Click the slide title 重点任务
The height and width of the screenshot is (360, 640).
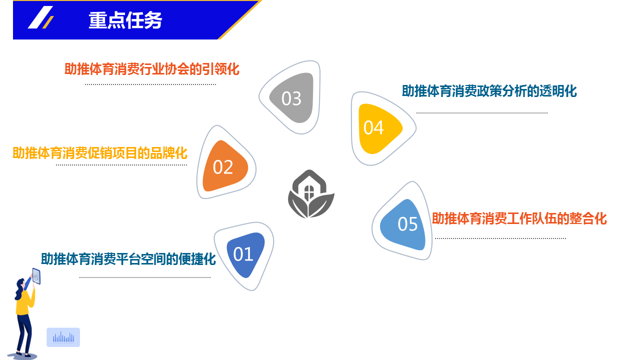click(125, 20)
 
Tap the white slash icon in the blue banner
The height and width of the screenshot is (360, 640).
click(40, 17)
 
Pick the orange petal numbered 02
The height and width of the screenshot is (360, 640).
click(224, 166)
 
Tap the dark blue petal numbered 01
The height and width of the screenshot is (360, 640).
click(245, 254)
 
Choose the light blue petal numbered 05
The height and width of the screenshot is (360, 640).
click(403, 224)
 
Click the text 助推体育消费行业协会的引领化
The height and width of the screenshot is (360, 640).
click(151, 69)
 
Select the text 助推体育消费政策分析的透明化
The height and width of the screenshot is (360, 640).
click(489, 91)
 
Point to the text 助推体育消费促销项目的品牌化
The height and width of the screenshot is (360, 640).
click(99, 153)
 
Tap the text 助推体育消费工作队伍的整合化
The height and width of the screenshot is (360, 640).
click(519, 218)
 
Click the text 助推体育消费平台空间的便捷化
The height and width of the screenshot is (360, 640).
click(128, 259)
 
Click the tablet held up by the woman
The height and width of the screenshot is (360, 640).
click(36, 276)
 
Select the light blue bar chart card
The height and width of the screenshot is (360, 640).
click(63, 337)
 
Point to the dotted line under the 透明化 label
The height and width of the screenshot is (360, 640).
click(481, 113)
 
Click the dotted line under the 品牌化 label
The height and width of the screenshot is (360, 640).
click(121, 165)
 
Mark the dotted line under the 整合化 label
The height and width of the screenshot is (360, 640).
click(500, 238)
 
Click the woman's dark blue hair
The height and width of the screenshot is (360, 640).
click(19, 288)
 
